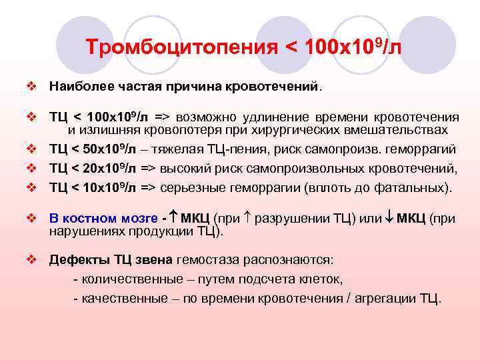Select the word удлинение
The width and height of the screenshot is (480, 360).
coord(267,117)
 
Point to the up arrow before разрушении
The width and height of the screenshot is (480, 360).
coord(250,218)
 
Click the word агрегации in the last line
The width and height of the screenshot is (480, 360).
coord(382,298)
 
